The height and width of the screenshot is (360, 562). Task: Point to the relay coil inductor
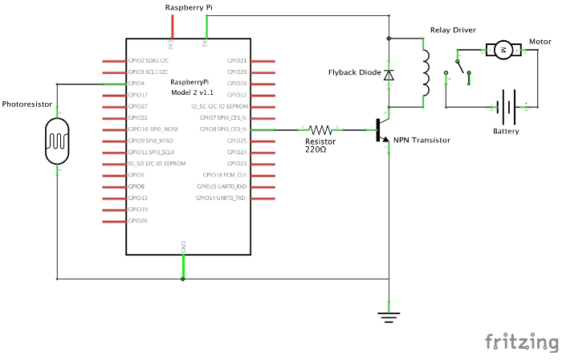click(x=426, y=73)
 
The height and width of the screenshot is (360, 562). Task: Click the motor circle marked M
click(x=503, y=50)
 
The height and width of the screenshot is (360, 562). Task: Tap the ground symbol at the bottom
click(x=389, y=315)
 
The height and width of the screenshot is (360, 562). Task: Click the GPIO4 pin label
click(x=136, y=83)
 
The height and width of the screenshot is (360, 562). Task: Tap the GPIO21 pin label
click(x=237, y=60)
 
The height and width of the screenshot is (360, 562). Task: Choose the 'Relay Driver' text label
click(x=452, y=30)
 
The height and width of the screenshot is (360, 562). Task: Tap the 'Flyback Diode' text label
click(x=353, y=72)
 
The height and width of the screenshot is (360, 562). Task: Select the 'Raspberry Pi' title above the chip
click(x=189, y=7)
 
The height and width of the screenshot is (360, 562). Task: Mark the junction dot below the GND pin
click(x=184, y=279)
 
